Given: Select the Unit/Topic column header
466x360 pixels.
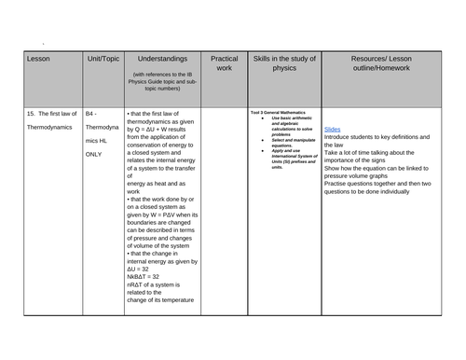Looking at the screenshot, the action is click(x=102, y=59).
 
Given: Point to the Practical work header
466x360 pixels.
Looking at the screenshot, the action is click(x=224, y=63).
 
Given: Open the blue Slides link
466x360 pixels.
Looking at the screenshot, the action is click(x=333, y=128).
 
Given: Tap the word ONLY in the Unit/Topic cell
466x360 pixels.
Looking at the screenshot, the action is click(x=94, y=154).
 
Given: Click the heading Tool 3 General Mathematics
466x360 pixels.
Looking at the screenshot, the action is click(x=277, y=112).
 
